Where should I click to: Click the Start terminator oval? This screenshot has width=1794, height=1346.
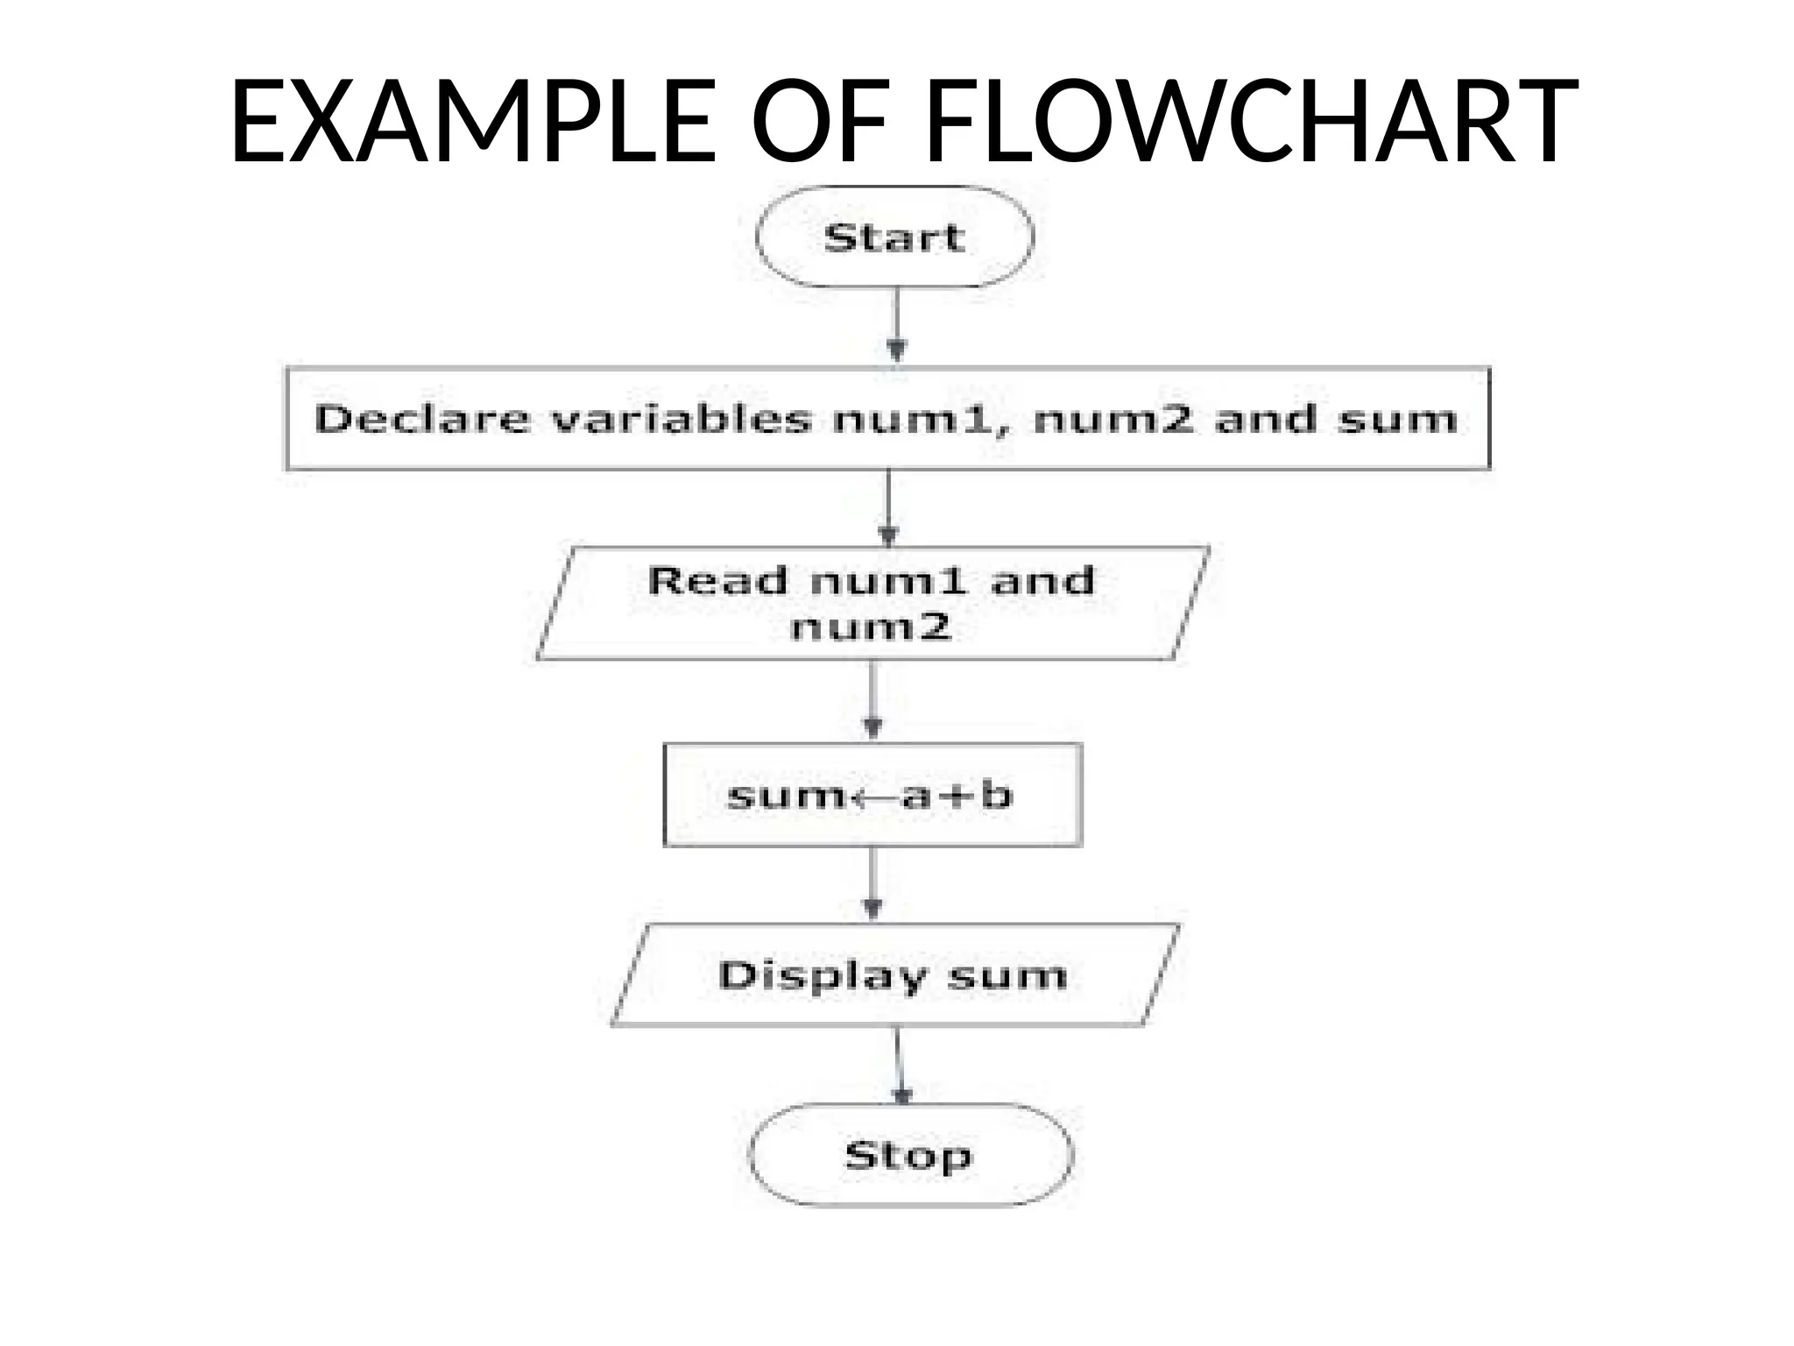pyautogui.click(x=894, y=237)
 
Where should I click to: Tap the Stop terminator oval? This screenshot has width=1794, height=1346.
pyautogui.click(x=909, y=1155)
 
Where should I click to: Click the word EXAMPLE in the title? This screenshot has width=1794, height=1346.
pyautogui.click(x=473, y=122)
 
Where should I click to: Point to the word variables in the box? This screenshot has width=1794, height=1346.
pyautogui.click(x=682, y=419)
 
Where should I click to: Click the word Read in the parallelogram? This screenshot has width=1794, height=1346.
pyautogui.click(x=717, y=581)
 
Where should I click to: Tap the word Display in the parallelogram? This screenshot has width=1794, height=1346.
pyautogui.click(x=822, y=975)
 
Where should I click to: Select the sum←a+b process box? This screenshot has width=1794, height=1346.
pyautogui.click(x=872, y=795)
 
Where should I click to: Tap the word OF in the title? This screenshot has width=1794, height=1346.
pyautogui.click(x=820, y=122)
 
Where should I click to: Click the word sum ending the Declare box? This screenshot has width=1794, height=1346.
pyautogui.click(x=1398, y=419)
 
